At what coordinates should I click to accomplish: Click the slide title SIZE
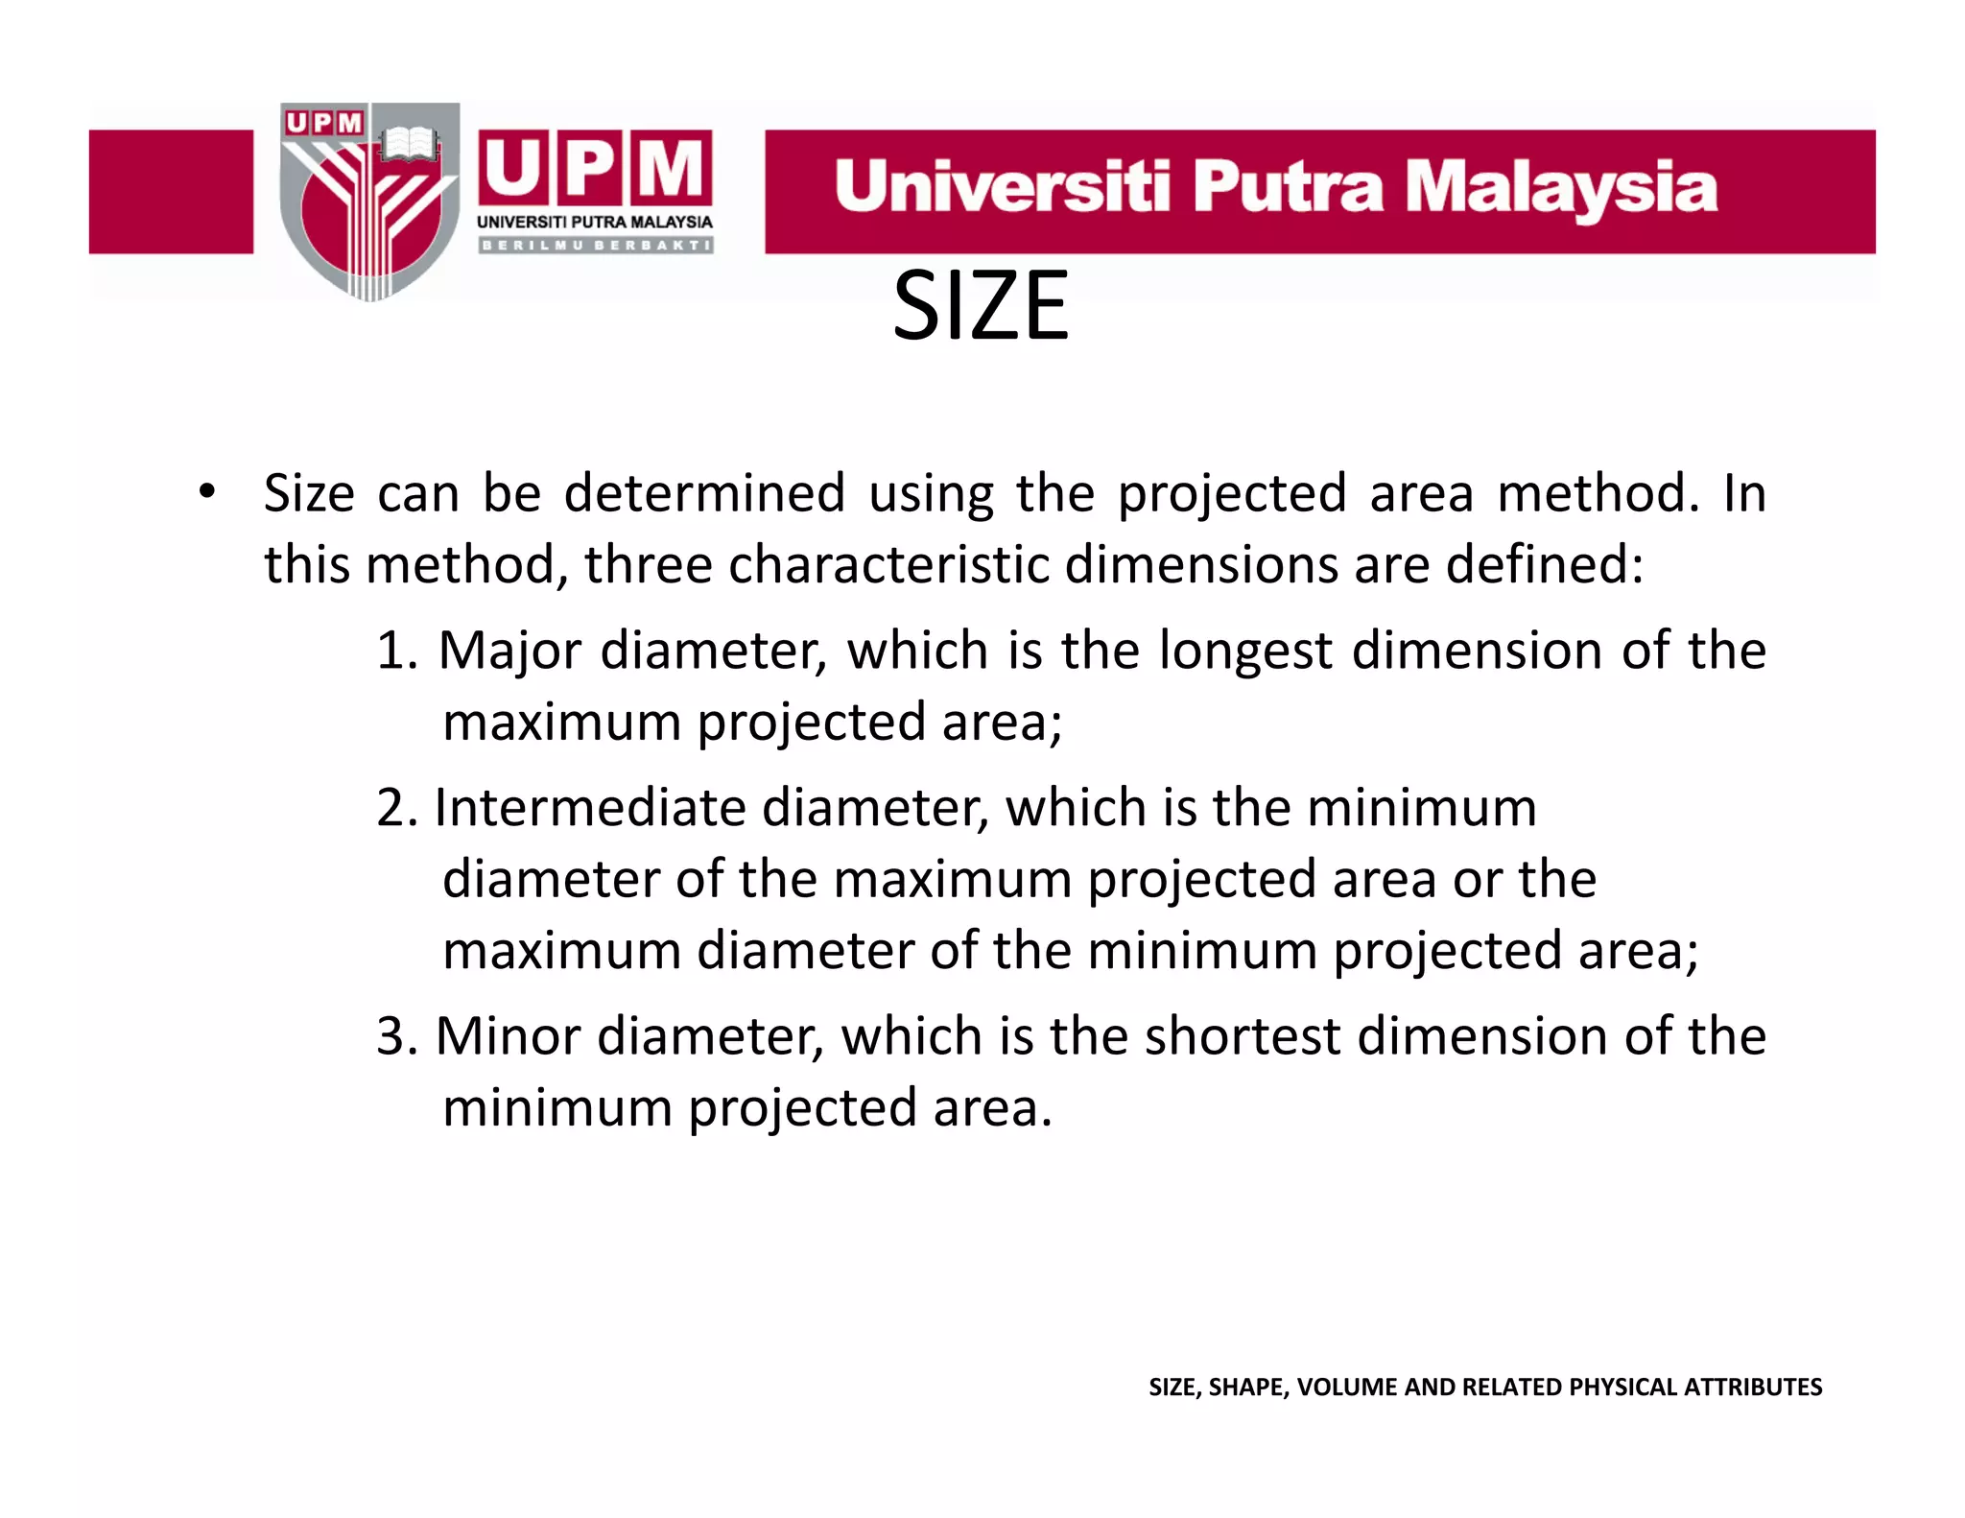click(x=980, y=306)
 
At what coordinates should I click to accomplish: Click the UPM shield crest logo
click(x=369, y=202)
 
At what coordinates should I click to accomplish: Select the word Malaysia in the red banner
click(x=1560, y=188)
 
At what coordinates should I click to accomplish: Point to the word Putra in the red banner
click(x=1288, y=186)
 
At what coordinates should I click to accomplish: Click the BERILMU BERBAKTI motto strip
click(x=595, y=246)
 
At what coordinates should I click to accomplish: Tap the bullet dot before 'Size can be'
click(x=206, y=492)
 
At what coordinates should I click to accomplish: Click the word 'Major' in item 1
click(x=509, y=651)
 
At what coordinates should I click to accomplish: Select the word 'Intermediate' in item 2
click(x=590, y=808)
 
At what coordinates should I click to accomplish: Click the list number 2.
click(x=394, y=808)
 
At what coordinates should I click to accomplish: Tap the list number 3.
click(x=394, y=1037)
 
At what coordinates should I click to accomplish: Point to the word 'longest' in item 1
click(x=1245, y=652)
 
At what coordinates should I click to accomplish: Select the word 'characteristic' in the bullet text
click(x=888, y=564)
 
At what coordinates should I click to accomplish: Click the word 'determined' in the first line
click(x=704, y=493)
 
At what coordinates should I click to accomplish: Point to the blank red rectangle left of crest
click(x=171, y=192)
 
